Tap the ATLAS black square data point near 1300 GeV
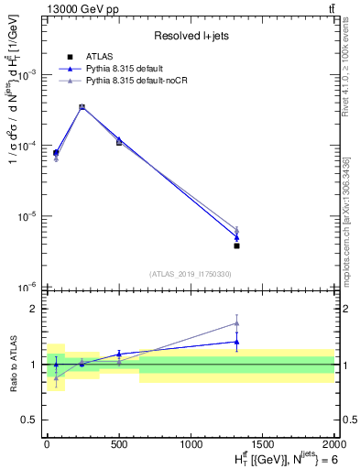[x=236, y=245]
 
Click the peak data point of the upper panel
[x=82, y=107]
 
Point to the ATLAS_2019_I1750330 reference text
[x=191, y=274]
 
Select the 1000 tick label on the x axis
[x=191, y=442]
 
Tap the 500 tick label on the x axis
[x=118, y=442]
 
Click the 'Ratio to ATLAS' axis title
[x=13, y=364]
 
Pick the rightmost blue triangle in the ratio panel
[x=236, y=342]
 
